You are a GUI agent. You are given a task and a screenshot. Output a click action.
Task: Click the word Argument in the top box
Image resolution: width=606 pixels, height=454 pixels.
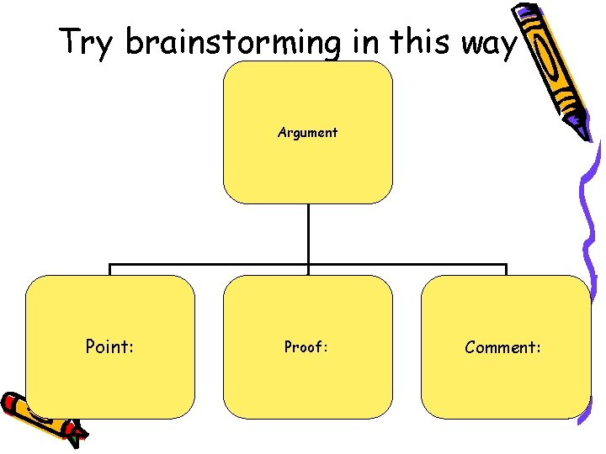(x=307, y=132)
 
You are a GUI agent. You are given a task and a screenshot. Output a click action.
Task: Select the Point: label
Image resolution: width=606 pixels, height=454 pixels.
(x=109, y=346)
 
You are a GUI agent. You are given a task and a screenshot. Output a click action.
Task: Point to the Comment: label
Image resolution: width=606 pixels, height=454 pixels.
(x=503, y=346)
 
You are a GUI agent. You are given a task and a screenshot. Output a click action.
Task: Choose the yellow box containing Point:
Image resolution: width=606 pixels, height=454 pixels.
(x=109, y=378)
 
